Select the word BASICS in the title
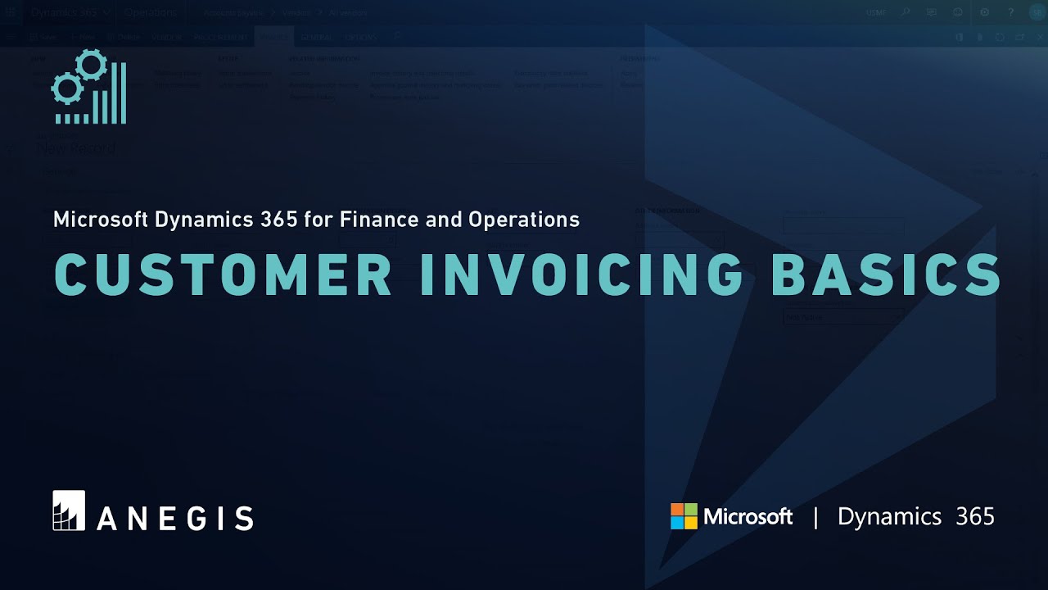[x=886, y=275]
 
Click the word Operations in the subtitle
[x=524, y=220]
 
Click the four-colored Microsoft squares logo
[x=684, y=516]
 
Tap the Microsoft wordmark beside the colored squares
[x=748, y=516]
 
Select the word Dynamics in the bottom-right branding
[x=889, y=516]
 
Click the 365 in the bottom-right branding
[x=975, y=516]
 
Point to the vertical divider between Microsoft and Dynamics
[x=815, y=517]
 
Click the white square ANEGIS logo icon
[x=69, y=510]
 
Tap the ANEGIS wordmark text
[x=174, y=518]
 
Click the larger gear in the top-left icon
[x=91, y=65]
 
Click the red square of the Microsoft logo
[x=677, y=510]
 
